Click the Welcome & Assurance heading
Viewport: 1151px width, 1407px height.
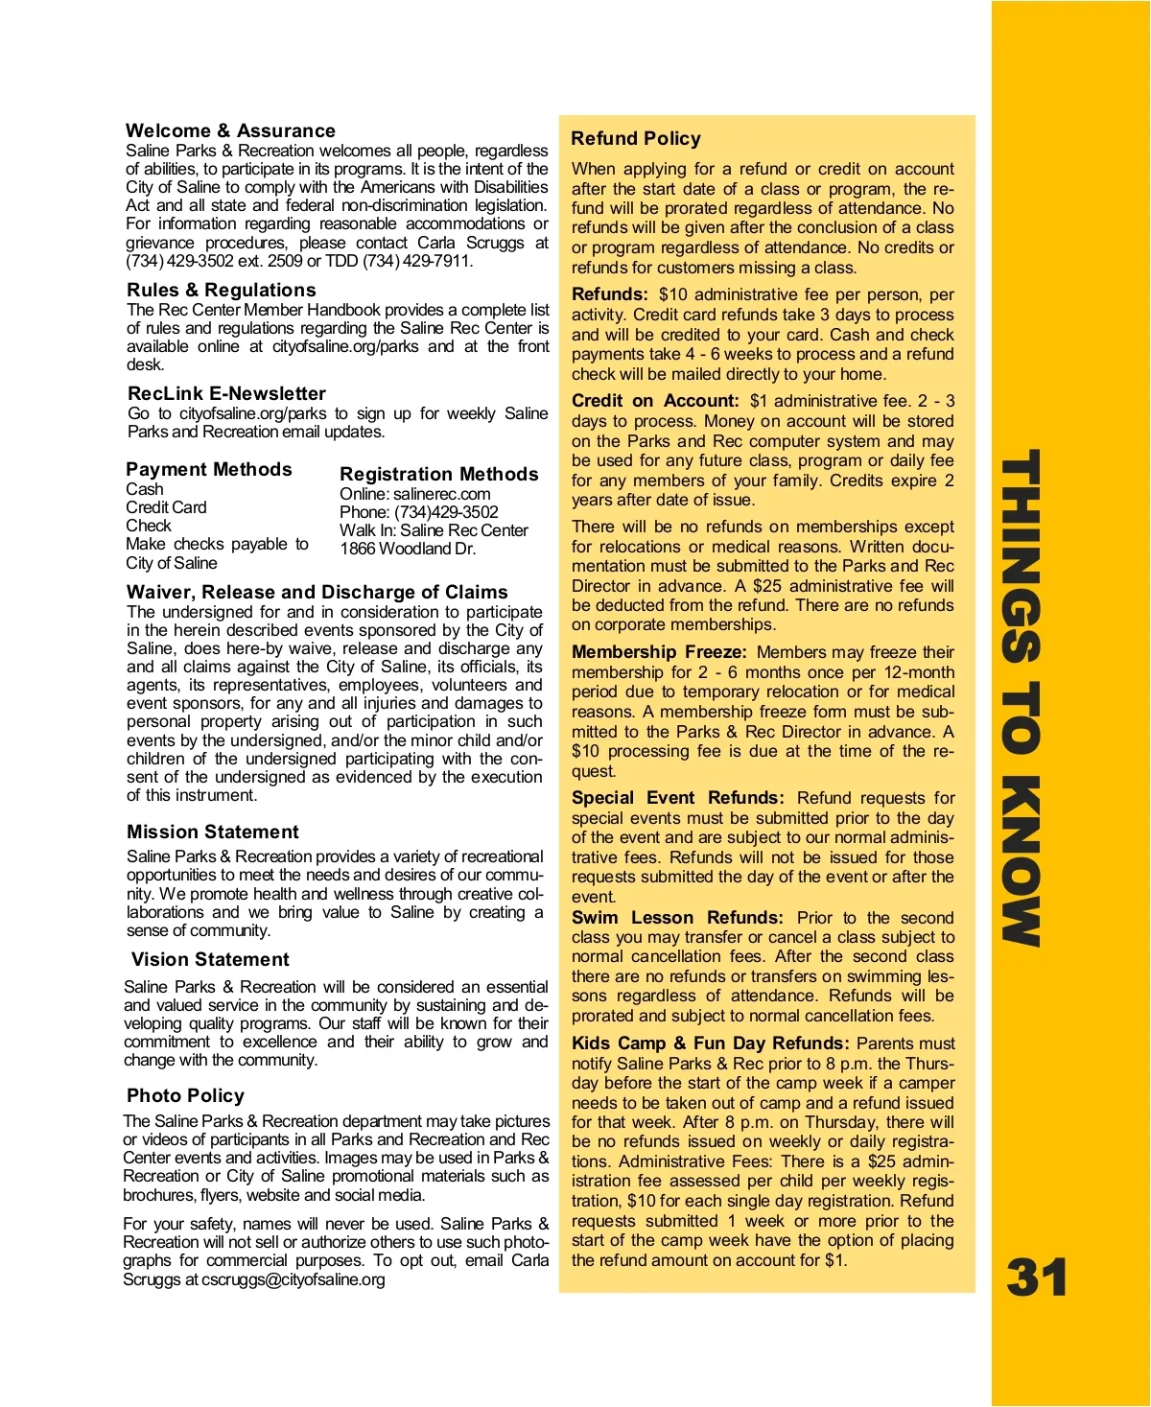coord(230,130)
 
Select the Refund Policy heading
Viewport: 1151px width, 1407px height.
coord(636,138)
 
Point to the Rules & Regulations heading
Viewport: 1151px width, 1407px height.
coord(221,290)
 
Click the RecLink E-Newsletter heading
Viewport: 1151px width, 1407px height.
coord(226,393)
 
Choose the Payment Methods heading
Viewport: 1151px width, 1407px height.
coord(209,469)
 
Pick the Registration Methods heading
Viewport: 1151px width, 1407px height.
coord(439,474)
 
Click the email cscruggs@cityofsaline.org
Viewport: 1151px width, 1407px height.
coord(293,1279)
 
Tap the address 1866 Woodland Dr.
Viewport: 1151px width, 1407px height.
coord(408,549)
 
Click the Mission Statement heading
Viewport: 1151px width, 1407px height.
coord(213,832)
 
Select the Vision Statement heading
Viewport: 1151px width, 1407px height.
coord(210,959)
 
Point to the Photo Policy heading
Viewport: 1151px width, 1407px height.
coord(185,1095)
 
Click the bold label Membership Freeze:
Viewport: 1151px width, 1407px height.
coord(659,652)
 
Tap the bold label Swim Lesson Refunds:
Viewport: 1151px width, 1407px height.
coord(677,918)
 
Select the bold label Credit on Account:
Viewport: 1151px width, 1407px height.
coord(655,401)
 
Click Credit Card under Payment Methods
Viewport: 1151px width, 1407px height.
coord(166,507)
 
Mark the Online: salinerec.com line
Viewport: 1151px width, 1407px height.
coord(414,494)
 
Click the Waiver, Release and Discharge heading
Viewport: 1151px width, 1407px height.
coord(317,592)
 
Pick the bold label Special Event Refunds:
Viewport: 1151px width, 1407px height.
coord(677,798)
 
